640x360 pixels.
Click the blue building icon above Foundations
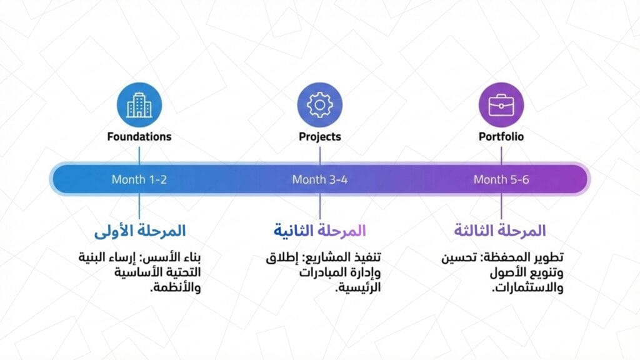pos(139,105)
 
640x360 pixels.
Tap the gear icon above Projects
pos(319,105)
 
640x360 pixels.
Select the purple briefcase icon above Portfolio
pos(501,105)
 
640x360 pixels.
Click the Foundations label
pos(139,136)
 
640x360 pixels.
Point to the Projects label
pos(319,136)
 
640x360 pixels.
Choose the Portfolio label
pos(501,136)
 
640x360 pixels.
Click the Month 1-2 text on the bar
pos(139,179)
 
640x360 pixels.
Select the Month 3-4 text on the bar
pos(319,179)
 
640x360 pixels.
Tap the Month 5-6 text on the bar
pos(501,179)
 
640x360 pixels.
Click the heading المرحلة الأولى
pos(140,231)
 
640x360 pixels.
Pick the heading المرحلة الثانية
pos(319,231)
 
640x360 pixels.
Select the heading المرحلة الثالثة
pos(500,231)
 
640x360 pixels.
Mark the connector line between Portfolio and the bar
pos(501,153)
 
